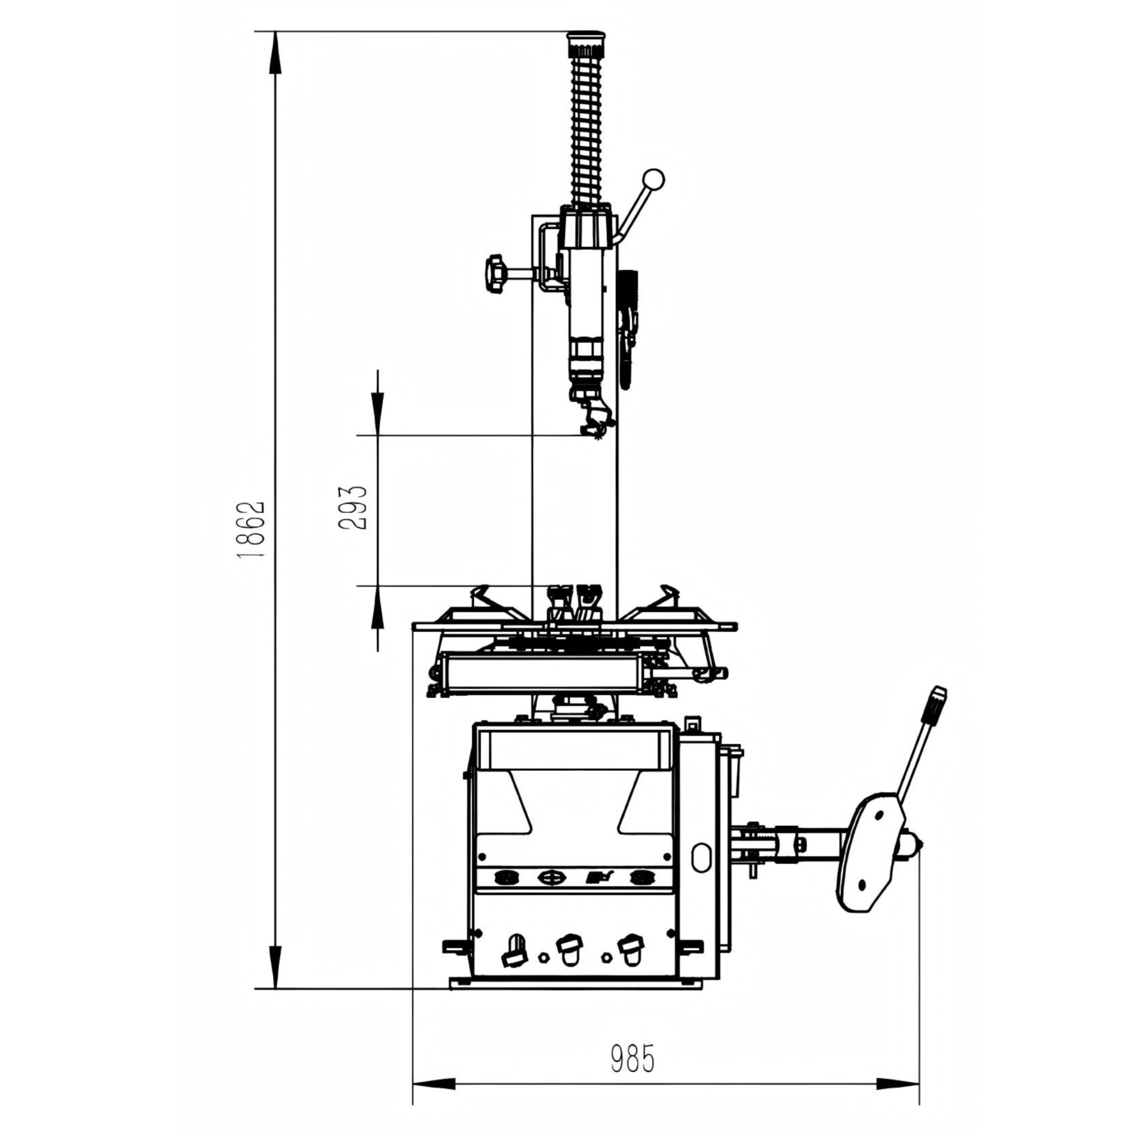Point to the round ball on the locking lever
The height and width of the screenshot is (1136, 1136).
[654, 179]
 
